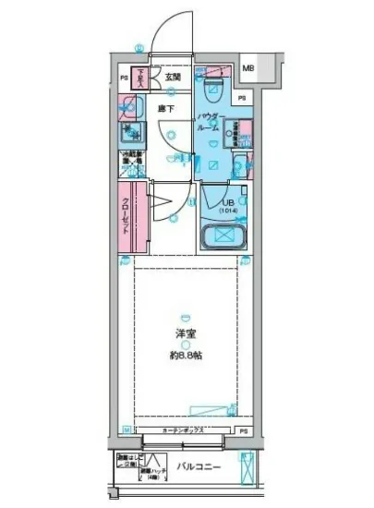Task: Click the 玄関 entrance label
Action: coord(174,79)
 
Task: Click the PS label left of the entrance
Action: coord(125,79)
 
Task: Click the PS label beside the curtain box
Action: coord(244,431)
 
